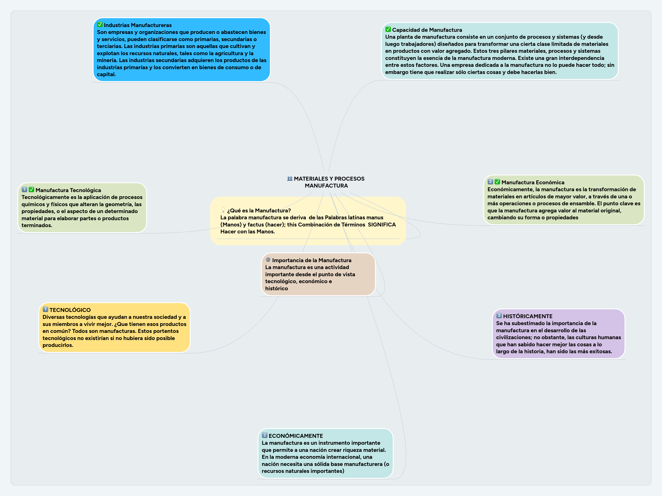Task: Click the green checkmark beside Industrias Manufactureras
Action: pyautogui.click(x=100, y=25)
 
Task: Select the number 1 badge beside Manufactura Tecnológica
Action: pyautogui.click(x=24, y=190)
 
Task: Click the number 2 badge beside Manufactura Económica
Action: pyautogui.click(x=490, y=182)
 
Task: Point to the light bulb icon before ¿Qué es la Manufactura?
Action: pyautogui.click(x=223, y=210)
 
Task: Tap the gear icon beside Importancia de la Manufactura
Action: pyautogui.click(x=268, y=260)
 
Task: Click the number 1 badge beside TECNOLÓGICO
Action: pyautogui.click(x=45, y=310)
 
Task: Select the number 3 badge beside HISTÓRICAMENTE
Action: pyautogui.click(x=499, y=316)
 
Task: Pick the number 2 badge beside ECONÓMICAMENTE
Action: pyautogui.click(x=264, y=435)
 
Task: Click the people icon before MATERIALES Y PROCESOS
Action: pyautogui.click(x=290, y=178)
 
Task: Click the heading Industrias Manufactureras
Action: pyautogui.click(x=138, y=25)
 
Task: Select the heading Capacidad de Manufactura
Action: pyautogui.click(x=427, y=30)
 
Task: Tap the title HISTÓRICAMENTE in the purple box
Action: pyautogui.click(x=528, y=316)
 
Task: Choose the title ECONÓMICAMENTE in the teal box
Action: pyautogui.click(x=296, y=436)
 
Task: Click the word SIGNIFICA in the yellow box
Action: pyautogui.click(x=381, y=224)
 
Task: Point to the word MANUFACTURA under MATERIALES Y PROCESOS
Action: pyautogui.click(x=326, y=186)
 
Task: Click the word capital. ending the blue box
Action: pyautogui.click(x=106, y=74)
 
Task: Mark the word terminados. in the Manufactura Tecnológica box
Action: pyautogui.click(x=37, y=225)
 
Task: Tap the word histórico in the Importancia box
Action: pyautogui.click(x=277, y=288)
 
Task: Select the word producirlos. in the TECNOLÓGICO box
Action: pyautogui.click(x=58, y=345)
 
